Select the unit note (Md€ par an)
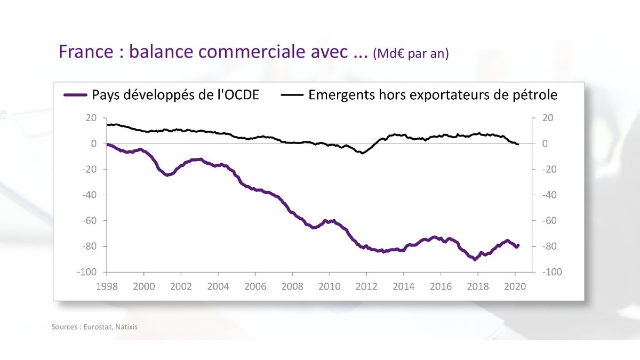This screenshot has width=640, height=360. click(x=412, y=55)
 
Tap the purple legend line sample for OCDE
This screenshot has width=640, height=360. click(x=75, y=95)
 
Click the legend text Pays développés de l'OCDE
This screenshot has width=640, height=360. click(x=176, y=95)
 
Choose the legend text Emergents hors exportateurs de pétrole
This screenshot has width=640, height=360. click(x=433, y=95)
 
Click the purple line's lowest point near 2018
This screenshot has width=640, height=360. click(x=475, y=260)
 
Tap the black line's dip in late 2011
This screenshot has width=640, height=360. click(x=363, y=153)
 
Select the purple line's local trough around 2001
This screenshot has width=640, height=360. click(x=167, y=175)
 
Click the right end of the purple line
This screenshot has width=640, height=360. click(x=518, y=245)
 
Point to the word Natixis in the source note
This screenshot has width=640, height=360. click(x=126, y=326)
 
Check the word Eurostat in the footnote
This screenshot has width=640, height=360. click(x=97, y=326)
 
